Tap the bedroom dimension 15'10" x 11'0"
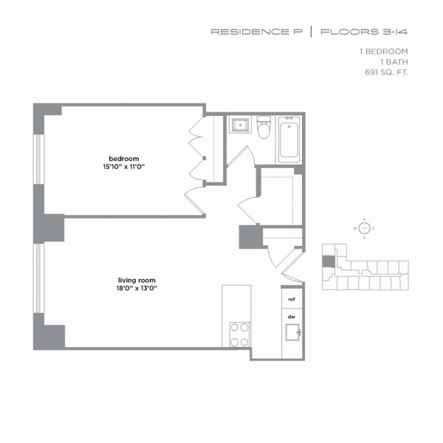click(x=123, y=167)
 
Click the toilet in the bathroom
click(x=264, y=130)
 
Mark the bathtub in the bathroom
click(x=289, y=140)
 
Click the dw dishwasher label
click(x=292, y=315)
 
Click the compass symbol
click(x=363, y=228)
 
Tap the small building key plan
click(x=365, y=270)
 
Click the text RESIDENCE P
click(x=256, y=32)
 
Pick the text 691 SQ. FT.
click(x=385, y=74)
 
